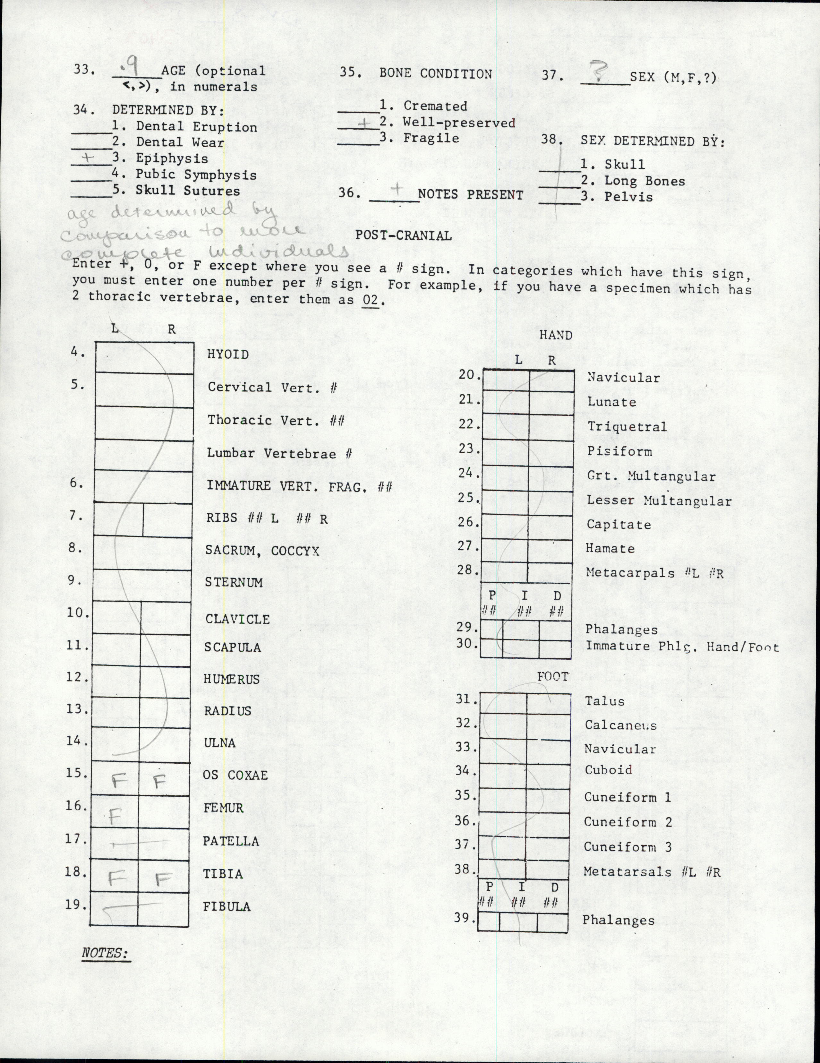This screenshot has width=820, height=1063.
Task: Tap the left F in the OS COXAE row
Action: [x=117, y=782]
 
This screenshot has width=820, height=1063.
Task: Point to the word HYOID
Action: [x=228, y=354]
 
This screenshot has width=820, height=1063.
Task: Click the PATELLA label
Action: [x=231, y=841]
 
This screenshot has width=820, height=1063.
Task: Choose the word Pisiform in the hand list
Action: [x=619, y=451]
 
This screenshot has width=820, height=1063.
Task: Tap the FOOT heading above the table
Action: [x=552, y=677]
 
